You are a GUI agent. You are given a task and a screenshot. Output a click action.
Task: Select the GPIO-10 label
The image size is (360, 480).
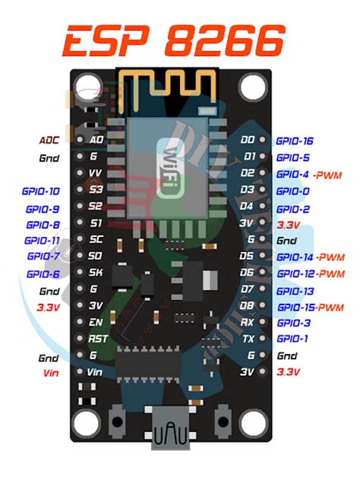point(43,191)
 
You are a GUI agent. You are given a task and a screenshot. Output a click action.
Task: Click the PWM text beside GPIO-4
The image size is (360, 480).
point(327,175)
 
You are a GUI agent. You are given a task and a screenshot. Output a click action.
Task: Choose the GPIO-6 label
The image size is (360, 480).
point(43,274)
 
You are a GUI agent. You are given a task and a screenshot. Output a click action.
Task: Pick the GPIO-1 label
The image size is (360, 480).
point(292,339)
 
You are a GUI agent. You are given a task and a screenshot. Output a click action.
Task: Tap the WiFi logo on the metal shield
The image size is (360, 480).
point(169,169)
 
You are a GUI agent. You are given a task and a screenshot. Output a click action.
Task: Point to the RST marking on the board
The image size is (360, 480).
point(97,339)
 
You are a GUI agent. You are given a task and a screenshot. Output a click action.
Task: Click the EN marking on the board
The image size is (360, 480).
point(96,322)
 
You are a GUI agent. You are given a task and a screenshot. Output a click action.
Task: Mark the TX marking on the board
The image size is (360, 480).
point(247,339)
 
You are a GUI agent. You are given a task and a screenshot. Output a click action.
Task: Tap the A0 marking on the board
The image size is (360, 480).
point(96,141)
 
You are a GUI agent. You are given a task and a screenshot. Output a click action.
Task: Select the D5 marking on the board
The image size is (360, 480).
point(247,257)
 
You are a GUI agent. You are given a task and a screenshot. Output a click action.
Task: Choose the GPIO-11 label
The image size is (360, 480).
point(43,241)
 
